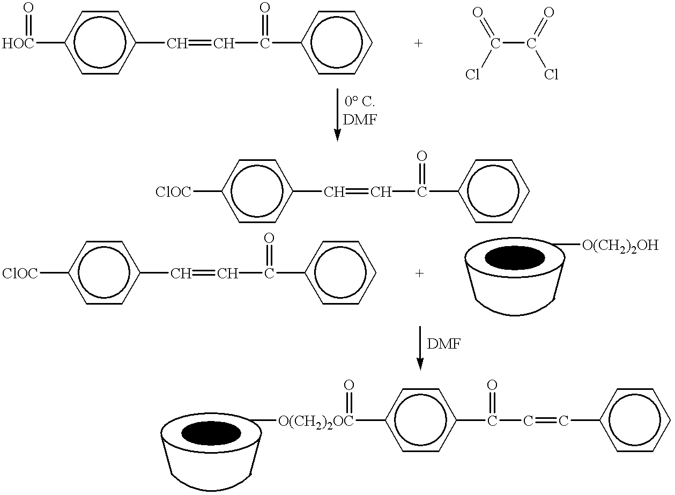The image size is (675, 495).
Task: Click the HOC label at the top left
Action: click(x=18, y=44)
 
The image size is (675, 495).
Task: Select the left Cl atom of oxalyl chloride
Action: click(x=472, y=74)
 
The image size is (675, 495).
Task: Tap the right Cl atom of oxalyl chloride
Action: click(x=551, y=74)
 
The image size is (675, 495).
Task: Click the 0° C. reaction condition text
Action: click(x=360, y=101)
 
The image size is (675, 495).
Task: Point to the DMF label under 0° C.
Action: click(x=360, y=120)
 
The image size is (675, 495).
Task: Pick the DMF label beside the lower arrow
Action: click(x=444, y=344)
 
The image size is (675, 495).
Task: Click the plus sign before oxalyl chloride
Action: click(x=418, y=44)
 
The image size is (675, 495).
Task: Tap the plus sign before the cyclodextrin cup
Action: click(x=419, y=274)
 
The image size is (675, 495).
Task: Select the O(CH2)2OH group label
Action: click(x=620, y=246)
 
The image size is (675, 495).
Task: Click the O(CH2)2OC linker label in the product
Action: click(x=316, y=422)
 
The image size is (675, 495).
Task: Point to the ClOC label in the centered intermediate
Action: click(x=173, y=192)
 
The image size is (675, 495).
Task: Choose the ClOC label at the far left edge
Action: click(x=20, y=274)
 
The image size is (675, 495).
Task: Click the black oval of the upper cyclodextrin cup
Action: click(x=515, y=258)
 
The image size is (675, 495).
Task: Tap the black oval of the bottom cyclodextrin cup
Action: click(x=211, y=433)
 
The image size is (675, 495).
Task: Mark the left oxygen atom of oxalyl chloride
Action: click(x=478, y=13)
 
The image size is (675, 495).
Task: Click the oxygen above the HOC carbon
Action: click(x=28, y=9)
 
